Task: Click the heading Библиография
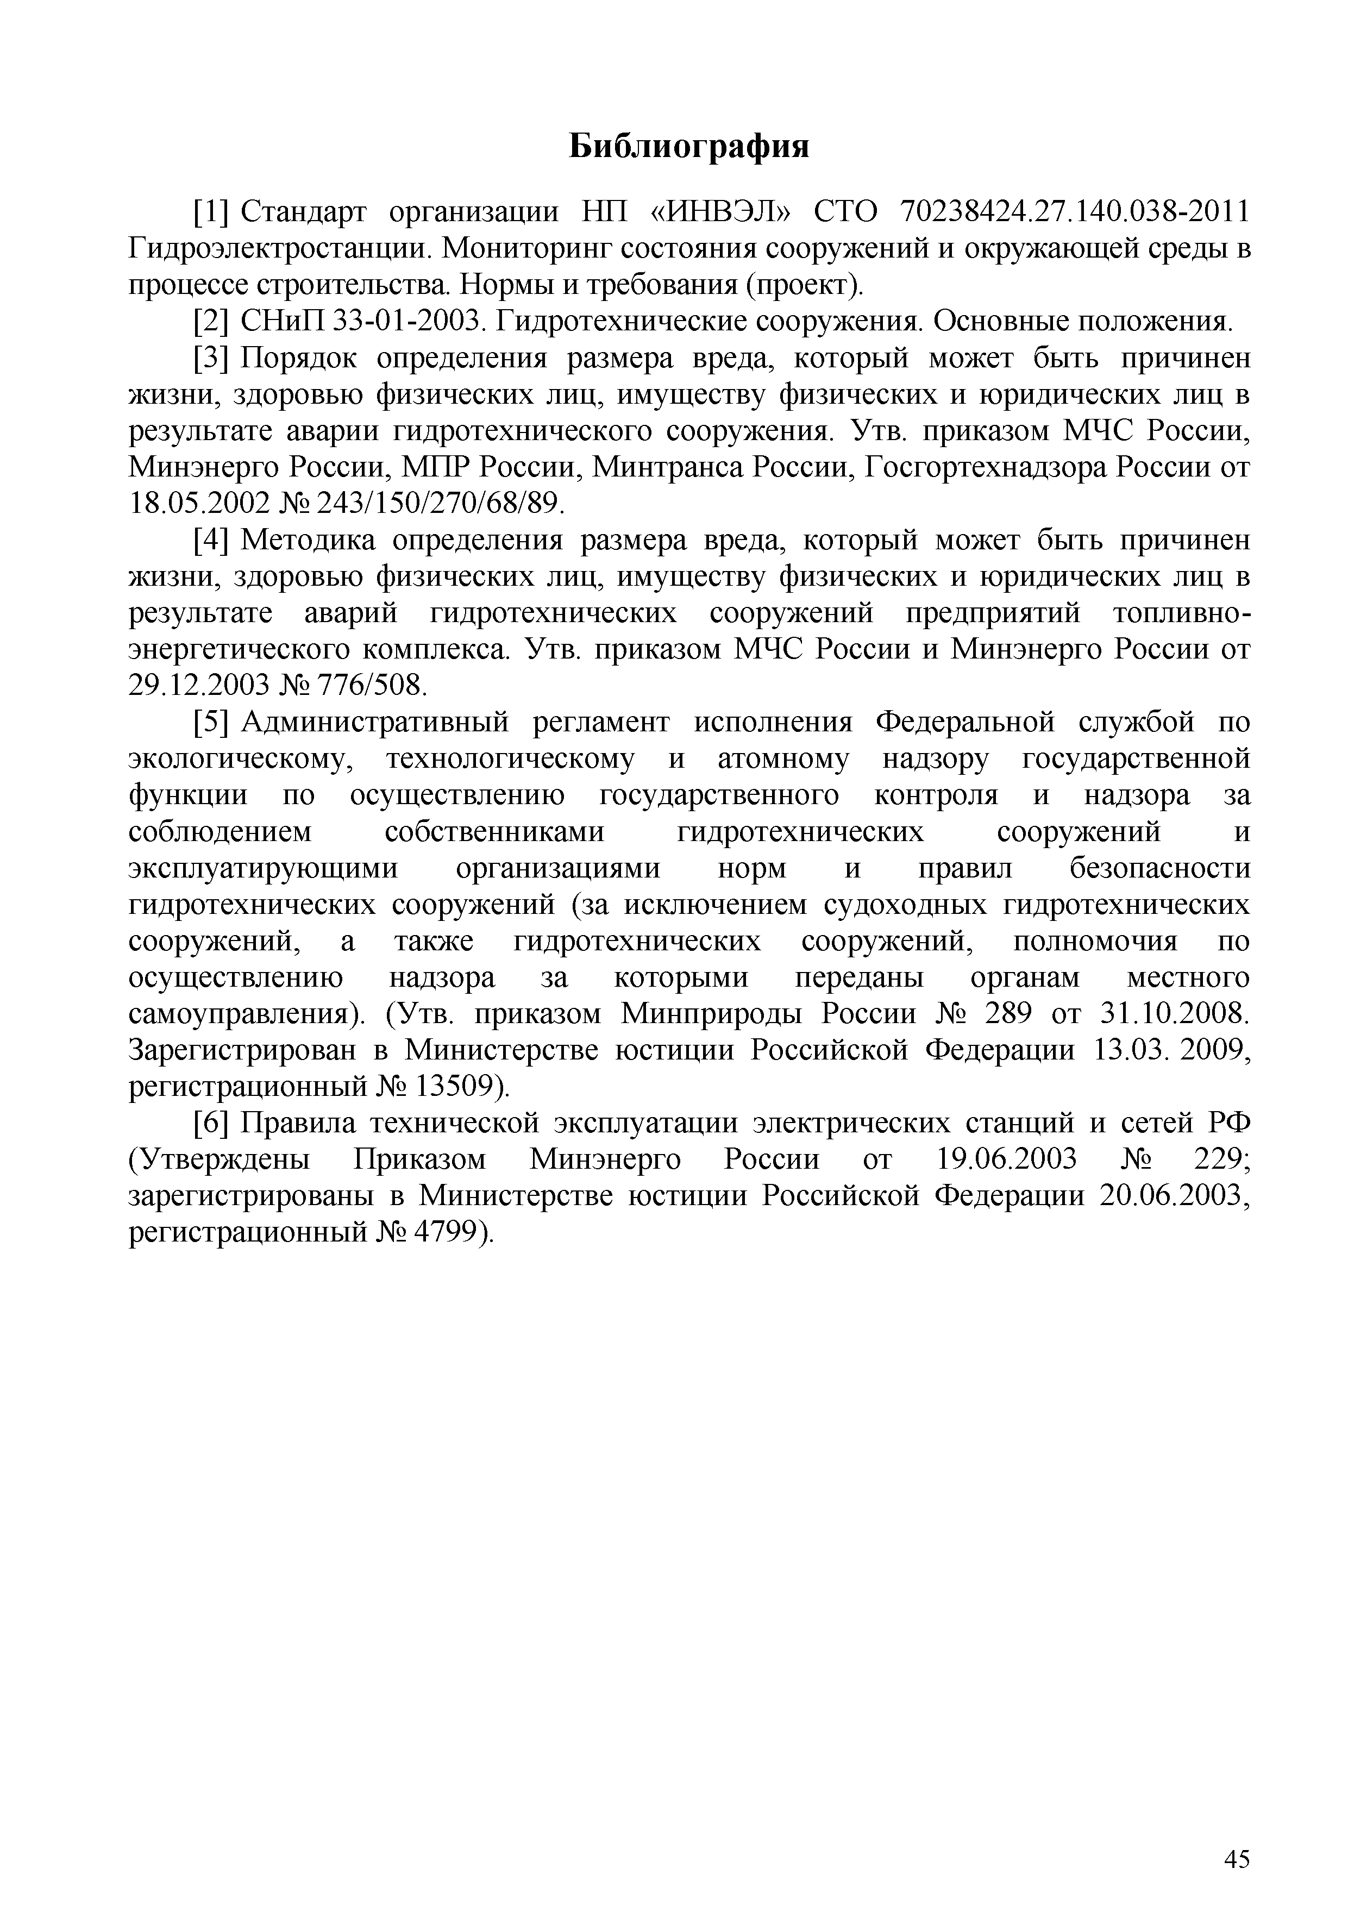point(689,147)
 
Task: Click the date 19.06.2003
point(1006,1159)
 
